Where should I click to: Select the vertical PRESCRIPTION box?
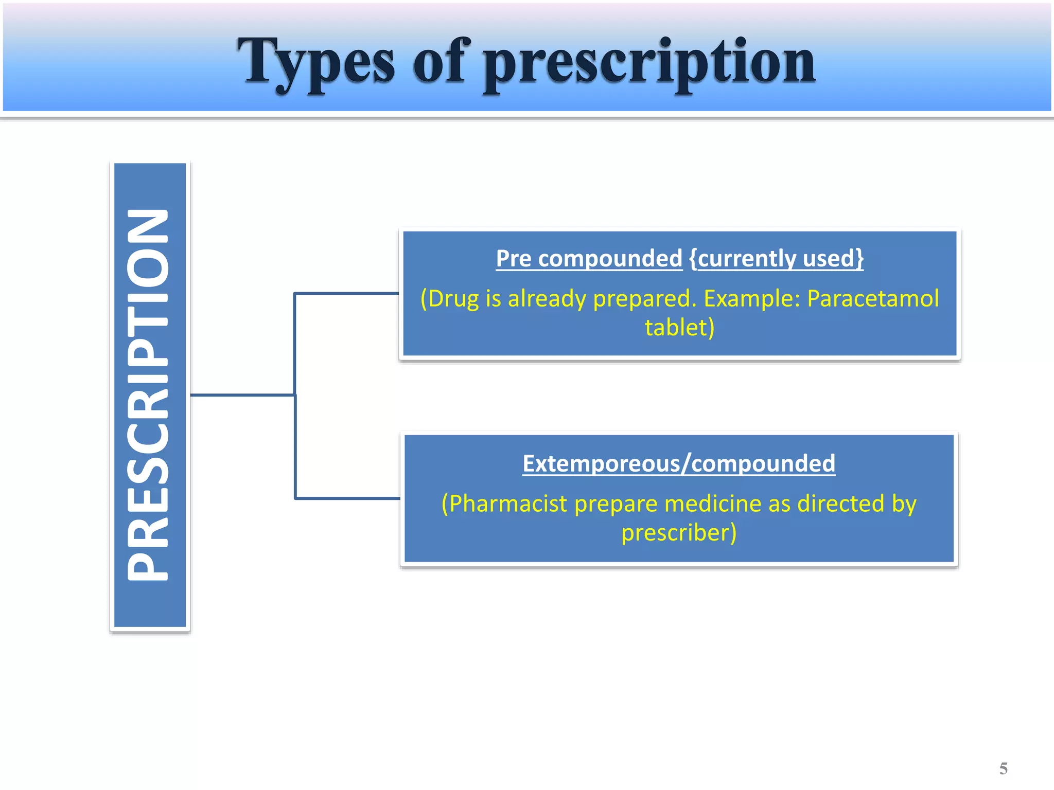click(150, 395)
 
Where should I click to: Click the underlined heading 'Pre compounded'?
click(589, 258)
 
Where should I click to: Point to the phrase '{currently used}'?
click(776, 258)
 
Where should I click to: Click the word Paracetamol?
click(873, 298)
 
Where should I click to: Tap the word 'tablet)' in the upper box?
click(679, 328)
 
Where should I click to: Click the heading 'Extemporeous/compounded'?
click(679, 463)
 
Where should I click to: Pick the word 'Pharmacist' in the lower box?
click(508, 504)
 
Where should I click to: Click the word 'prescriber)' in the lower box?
click(679, 533)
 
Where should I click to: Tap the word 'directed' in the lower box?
click(841, 504)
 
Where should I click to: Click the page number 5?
click(1003, 768)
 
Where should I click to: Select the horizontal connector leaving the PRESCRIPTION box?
click(242, 395)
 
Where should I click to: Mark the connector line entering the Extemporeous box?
click(348, 498)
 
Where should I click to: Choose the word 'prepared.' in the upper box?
click(645, 298)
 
